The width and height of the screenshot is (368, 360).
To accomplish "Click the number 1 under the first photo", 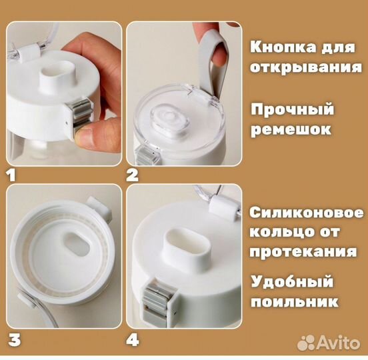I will click(x=10, y=176).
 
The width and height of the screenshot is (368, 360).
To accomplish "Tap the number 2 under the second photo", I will click(x=133, y=176).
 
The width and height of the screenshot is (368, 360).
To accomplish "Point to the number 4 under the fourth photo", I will click(x=133, y=339).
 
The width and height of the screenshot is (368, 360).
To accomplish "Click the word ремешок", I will click(x=291, y=129).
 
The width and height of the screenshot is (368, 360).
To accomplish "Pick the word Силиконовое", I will click(x=307, y=214).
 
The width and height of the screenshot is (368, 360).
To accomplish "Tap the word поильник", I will click(x=295, y=301).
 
